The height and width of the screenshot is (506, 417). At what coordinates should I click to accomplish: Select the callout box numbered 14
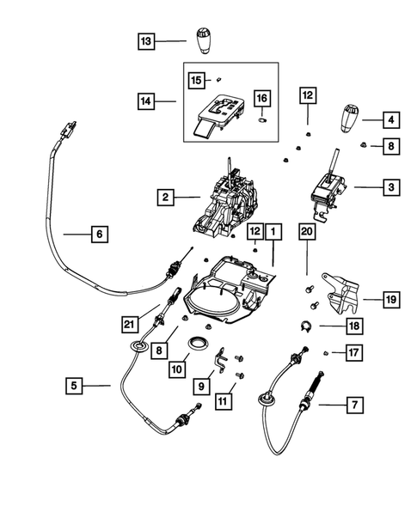pos(147,101)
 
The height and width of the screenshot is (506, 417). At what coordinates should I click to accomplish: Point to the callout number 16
pos(263,101)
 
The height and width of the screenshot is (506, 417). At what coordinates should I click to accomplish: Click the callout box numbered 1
pos(273,232)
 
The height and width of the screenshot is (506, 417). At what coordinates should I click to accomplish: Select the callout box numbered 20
pos(307,232)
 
